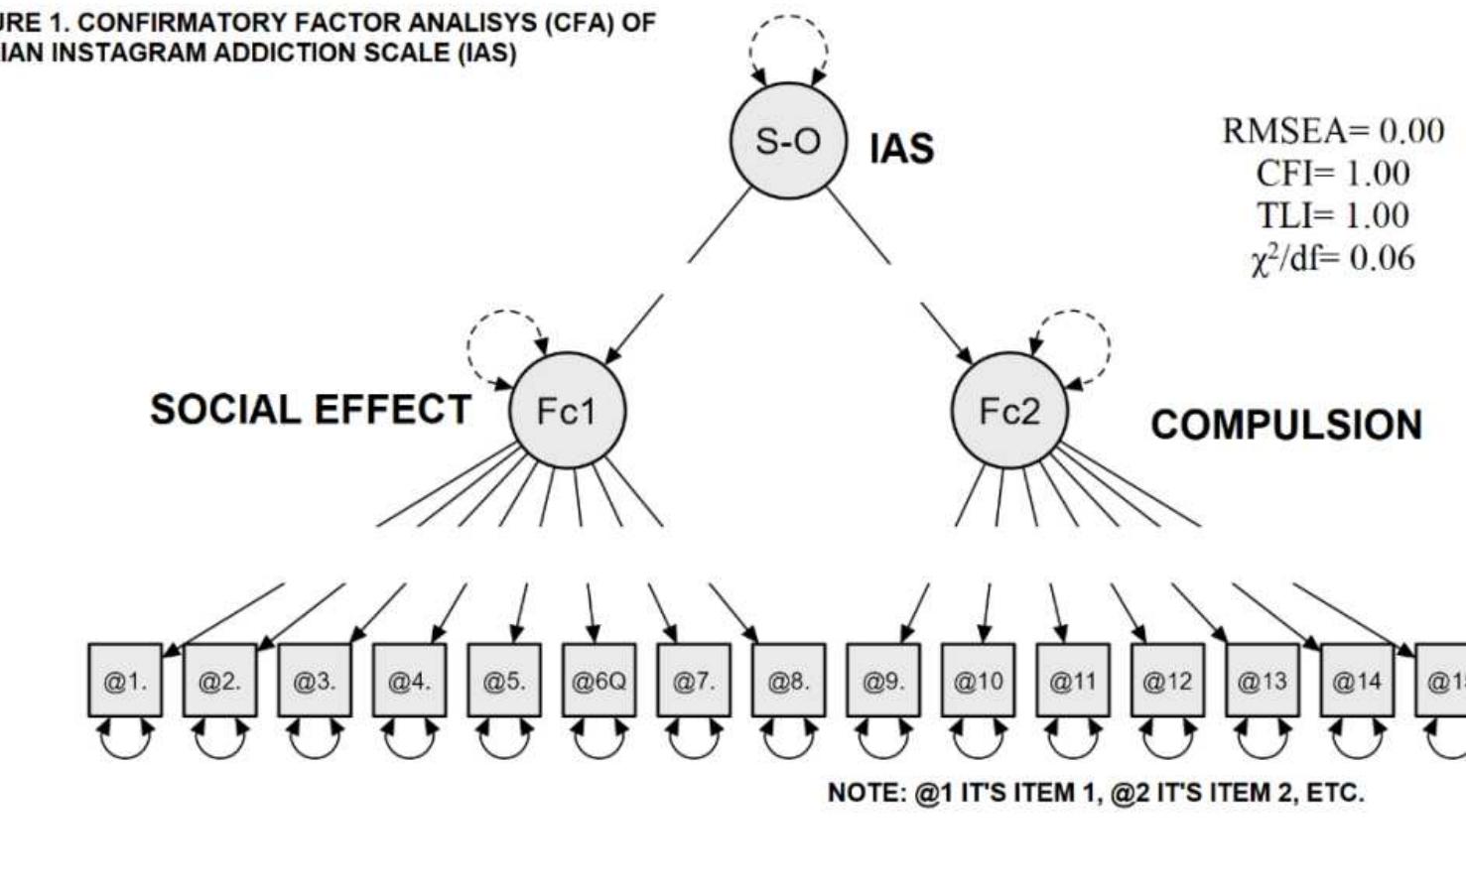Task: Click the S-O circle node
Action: [788, 141]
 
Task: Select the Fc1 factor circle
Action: [567, 411]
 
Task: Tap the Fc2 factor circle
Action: [1008, 410]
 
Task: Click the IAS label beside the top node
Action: [901, 149]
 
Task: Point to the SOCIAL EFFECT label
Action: [310, 410]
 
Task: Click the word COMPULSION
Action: [1285, 425]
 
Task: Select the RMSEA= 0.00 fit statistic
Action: [1332, 131]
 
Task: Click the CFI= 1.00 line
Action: [1332, 174]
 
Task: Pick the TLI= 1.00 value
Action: [1332, 215]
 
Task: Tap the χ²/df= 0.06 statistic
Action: [1332, 258]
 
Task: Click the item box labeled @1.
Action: [125, 681]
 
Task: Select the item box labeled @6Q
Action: [599, 681]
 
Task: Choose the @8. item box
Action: [788, 681]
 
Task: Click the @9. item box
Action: [882, 681]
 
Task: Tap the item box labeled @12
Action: [1167, 681]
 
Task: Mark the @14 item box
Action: [1356, 681]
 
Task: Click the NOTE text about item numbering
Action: [1096, 793]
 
